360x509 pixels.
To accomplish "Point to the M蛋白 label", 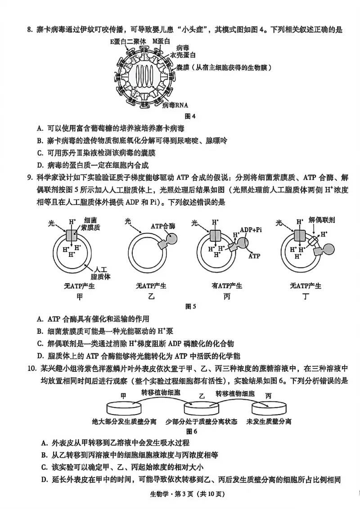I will coord(160,41).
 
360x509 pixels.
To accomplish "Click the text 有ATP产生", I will coord(227,286).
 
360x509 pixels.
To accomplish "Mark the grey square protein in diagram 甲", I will coord(72,236).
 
